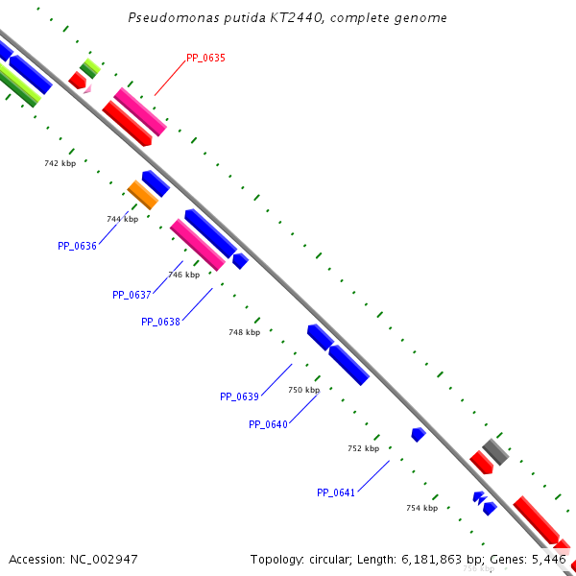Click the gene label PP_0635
(205, 58)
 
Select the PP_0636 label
(77, 246)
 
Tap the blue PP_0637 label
(132, 295)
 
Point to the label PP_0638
(160, 322)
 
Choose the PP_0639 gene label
(239, 396)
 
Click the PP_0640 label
(268, 424)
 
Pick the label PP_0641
(336, 492)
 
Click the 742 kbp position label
(60, 163)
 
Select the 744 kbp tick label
(122, 219)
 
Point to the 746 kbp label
(183, 275)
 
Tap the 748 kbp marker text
(244, 332)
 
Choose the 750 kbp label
(303, 390)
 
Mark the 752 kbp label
(363, 448)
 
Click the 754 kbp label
(421, 508)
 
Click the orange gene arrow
(143, 195)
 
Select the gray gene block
(495, 451)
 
